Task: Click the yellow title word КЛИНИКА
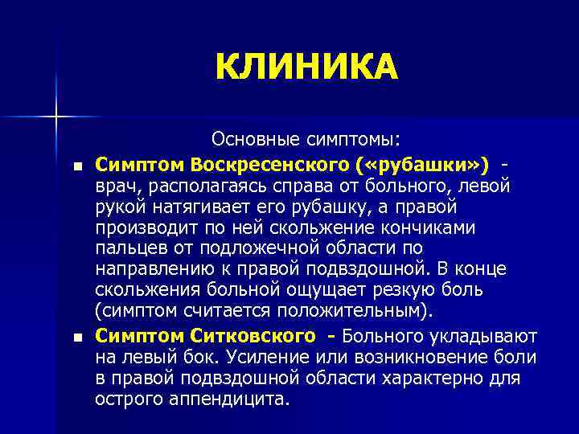[x=306, y=67]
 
